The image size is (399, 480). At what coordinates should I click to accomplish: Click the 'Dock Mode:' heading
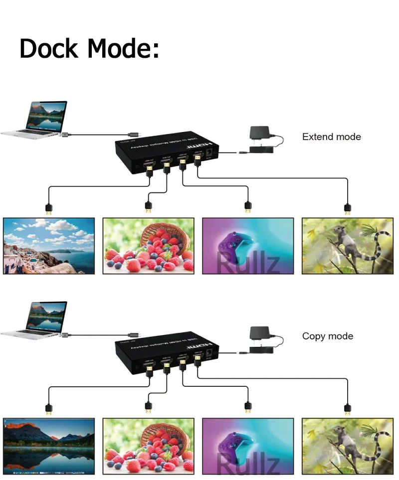point(89,48)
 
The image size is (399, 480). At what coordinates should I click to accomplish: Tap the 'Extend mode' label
point(331,137)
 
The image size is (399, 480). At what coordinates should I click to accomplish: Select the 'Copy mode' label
point(327,336)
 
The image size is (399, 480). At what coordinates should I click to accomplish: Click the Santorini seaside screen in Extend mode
point(49,246)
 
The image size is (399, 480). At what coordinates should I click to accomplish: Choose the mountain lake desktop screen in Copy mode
point(49,445)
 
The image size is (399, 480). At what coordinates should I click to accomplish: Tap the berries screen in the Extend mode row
point(148,246)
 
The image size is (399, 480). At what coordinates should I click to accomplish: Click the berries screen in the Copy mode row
point(148,445)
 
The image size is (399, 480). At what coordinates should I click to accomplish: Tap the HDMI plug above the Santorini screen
point(48,209)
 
